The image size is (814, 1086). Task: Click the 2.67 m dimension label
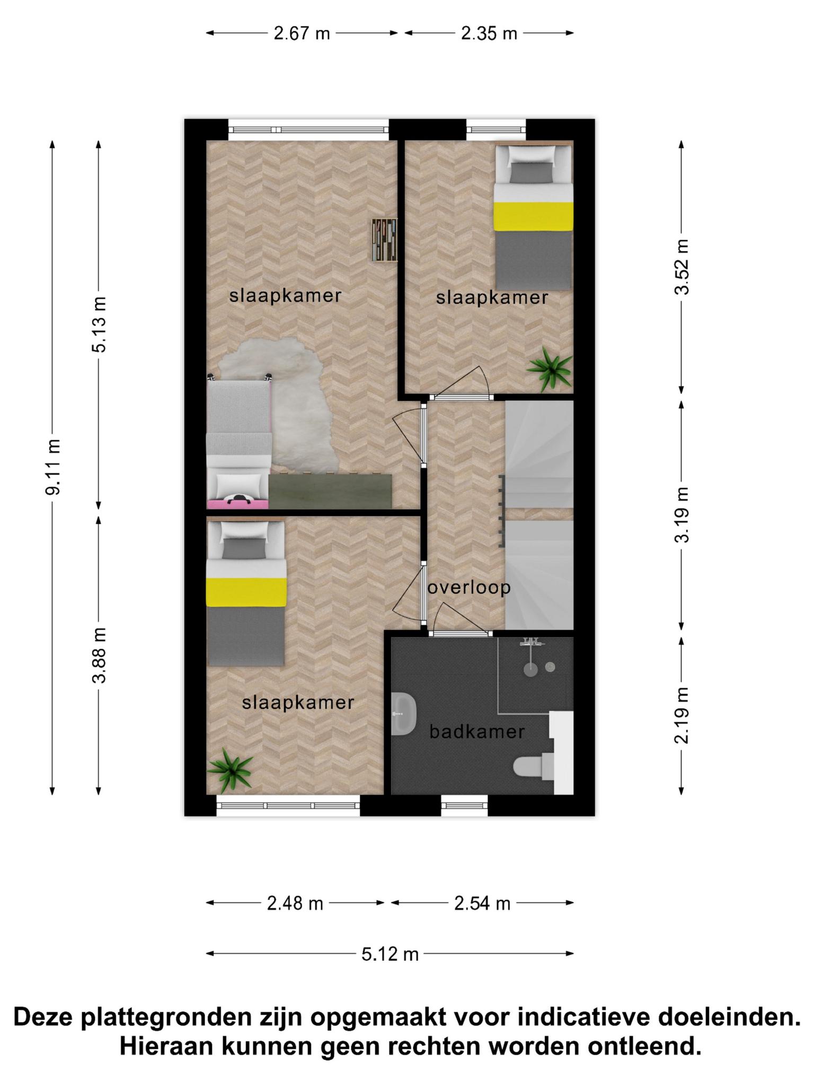[x=302, y=33]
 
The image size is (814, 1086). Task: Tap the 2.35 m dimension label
[x=489, y=33]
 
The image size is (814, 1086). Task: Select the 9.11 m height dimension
[x=53, y=467]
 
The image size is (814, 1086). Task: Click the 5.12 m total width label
[x=390, y=954]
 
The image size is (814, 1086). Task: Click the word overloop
[x=469, y=588]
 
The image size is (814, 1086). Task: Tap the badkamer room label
[x=477, y=732]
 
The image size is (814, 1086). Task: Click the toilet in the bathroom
[x=533, y=767]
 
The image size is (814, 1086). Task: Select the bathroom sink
[x=403, y=714]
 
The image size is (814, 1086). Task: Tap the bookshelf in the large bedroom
[x=384, y=240]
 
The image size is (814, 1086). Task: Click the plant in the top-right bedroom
[x=551, y=367]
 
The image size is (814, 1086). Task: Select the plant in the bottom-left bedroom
[x=230, y=769]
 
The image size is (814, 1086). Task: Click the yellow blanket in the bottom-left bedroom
[x=246, y=592]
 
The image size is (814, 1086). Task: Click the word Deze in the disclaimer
[x=43, y=1017]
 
